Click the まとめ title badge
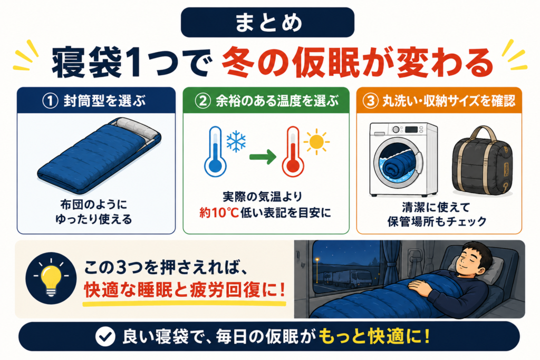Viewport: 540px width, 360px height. click(267, 22)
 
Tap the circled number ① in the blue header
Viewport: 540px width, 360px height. click(50, 101)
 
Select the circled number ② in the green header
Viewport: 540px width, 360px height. click(202, 101)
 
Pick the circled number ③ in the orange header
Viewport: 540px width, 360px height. click(371, 101)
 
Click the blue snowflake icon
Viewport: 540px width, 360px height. click(236, 141)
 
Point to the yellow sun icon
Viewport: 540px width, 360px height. click(316, 142)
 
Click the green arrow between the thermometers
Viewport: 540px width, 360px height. click(263, 157)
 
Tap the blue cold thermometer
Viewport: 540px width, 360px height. click(215, 152)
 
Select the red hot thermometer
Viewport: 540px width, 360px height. click(293, 152)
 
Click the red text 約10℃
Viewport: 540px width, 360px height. click(219, 213)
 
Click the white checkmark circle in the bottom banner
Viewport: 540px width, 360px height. click(105, 336)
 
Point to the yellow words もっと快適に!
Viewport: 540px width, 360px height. click(374, 336)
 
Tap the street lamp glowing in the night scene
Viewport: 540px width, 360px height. click(317, 260)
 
